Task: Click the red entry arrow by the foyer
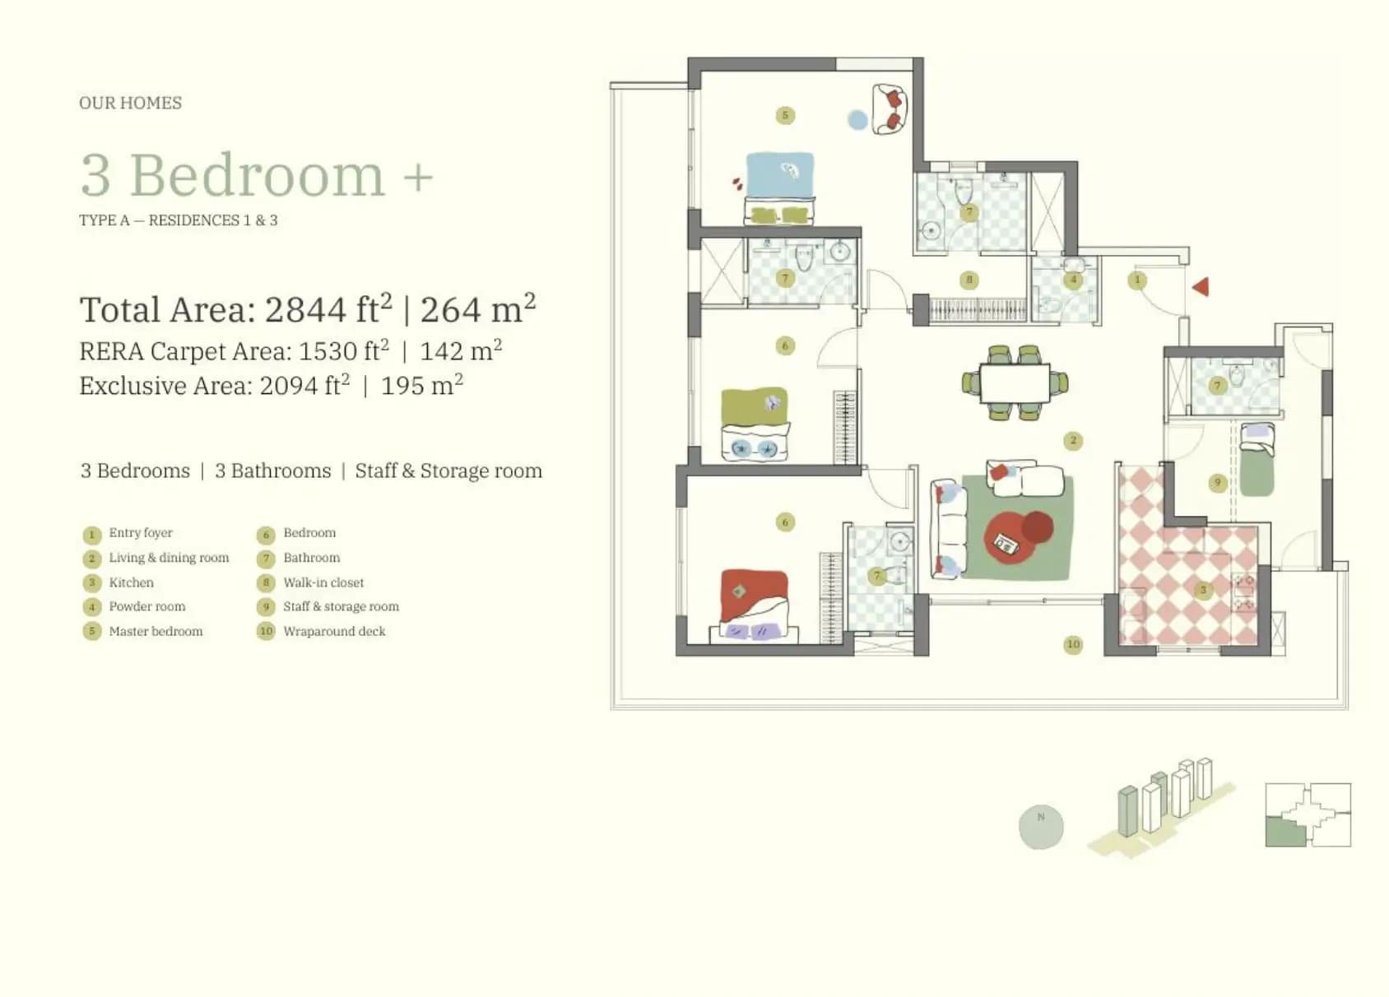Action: pos(1201,286)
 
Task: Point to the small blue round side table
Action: pos(857,119)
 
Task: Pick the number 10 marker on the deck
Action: pos(1073,645)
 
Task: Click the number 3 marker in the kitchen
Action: pos(1203,590)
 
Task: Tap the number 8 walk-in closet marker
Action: pos(969,281)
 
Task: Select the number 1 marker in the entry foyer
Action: pos(1137,281)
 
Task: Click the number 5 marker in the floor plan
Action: pos(785,114)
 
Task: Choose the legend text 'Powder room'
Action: pos(147,606)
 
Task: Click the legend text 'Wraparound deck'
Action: pos(334,631)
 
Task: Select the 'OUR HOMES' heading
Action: pos(130,103)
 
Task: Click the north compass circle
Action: pos(1041,827)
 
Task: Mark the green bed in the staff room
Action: pos(1257,460)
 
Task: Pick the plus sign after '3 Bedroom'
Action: pos(418,177)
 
